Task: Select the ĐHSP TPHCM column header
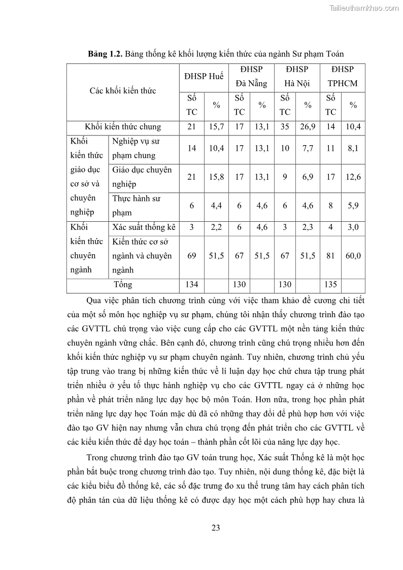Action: pyautogui.click(x=342, y=77)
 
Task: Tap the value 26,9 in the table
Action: pyautogui.click(x=308, y=127)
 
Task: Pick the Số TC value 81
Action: pyautogui.click(x=330, y=256)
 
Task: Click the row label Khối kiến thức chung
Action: pyautogui.click(x=123, y=127)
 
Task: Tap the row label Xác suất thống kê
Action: pyautogui.click(x=144, y=227)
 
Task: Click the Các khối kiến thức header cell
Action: pyautogui.click(x=123, y=91)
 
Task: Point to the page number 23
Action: pyautogui.click(x=215, y=528)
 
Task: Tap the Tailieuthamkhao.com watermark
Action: pyautogui.click(x=364, y=8)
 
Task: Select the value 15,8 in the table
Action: pyautogui.click(x=216, y=177)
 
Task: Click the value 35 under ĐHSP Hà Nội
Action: pyautogui.click(x=285, y=127)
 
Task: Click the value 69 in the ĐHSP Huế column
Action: pyautogui.click(x=191, y=256)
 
